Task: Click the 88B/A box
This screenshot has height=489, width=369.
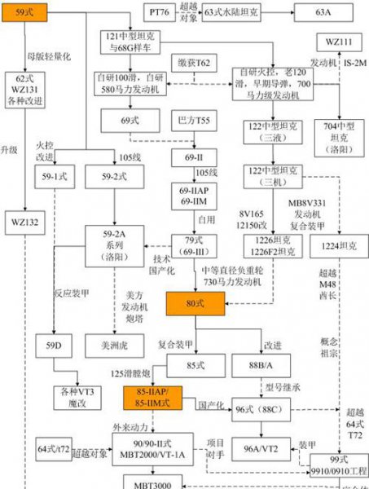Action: (x=261, y=359)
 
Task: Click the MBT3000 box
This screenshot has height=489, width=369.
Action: (x=146, y=482)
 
